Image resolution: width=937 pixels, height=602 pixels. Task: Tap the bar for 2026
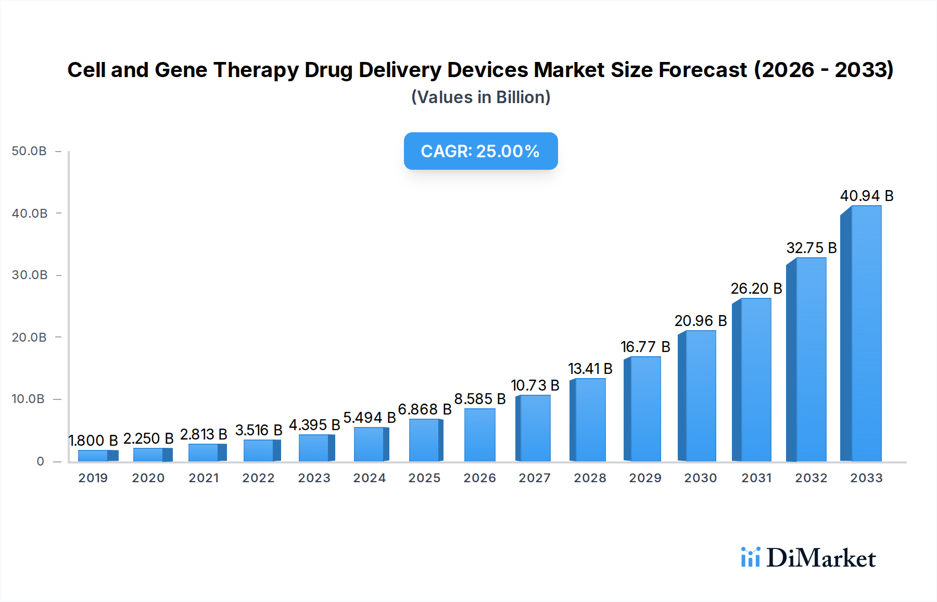click(479, 435)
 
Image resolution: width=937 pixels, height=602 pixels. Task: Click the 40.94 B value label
click(867, 196)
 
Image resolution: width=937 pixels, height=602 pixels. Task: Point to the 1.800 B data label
click(93, 441)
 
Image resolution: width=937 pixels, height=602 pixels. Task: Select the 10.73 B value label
click(535, 385)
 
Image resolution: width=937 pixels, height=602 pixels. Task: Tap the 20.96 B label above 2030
click(701, 321)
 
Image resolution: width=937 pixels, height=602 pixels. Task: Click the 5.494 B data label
click(370, 418)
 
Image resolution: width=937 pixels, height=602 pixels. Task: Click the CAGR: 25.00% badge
click(480, 151)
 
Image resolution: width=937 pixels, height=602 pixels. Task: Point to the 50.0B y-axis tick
click(29, 151)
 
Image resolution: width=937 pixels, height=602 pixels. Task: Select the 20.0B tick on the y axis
click(29, 337)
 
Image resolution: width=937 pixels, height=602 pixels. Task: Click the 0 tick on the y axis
click(40, 461)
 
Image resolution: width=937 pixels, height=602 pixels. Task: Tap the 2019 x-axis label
click(93, 478)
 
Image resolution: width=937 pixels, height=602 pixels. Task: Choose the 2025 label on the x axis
click(424, 478)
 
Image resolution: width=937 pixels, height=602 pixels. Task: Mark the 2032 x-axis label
click(811, 478)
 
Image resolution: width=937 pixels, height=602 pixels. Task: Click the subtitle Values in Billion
click(480, 97)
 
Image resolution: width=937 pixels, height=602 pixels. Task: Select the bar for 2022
click(260, 450)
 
